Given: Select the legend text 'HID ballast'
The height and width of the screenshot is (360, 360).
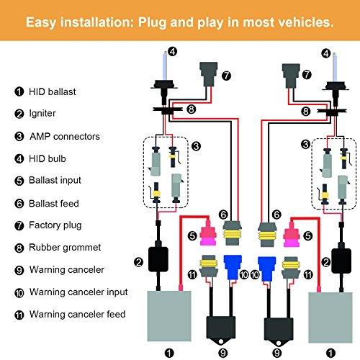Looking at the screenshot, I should click(x=53, y=91).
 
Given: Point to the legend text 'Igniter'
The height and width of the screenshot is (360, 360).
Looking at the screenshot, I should click(x=42, y=114).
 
